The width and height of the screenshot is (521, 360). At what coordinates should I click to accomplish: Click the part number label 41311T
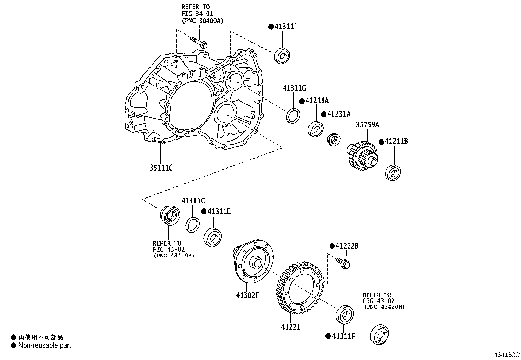286,27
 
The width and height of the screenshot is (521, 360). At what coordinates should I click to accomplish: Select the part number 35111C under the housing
161,168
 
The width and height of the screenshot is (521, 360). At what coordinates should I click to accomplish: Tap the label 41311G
294,88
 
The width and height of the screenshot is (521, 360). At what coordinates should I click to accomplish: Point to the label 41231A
339,114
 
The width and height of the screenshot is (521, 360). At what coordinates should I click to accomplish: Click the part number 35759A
368,125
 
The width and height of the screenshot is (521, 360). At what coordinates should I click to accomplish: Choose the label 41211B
396,142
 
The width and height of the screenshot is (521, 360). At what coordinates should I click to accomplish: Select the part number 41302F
247,295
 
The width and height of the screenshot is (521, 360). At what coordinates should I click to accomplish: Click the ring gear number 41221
290,327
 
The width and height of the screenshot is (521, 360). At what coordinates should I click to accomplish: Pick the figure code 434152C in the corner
506,355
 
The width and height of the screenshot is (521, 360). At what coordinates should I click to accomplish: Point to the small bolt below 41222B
343,263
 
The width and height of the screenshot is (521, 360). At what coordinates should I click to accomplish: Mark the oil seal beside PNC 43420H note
380,334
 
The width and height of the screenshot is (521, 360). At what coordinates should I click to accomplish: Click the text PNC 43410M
174,256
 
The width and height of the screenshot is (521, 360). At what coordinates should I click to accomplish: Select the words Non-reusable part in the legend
45,345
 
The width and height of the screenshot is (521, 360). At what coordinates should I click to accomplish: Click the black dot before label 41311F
328,336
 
